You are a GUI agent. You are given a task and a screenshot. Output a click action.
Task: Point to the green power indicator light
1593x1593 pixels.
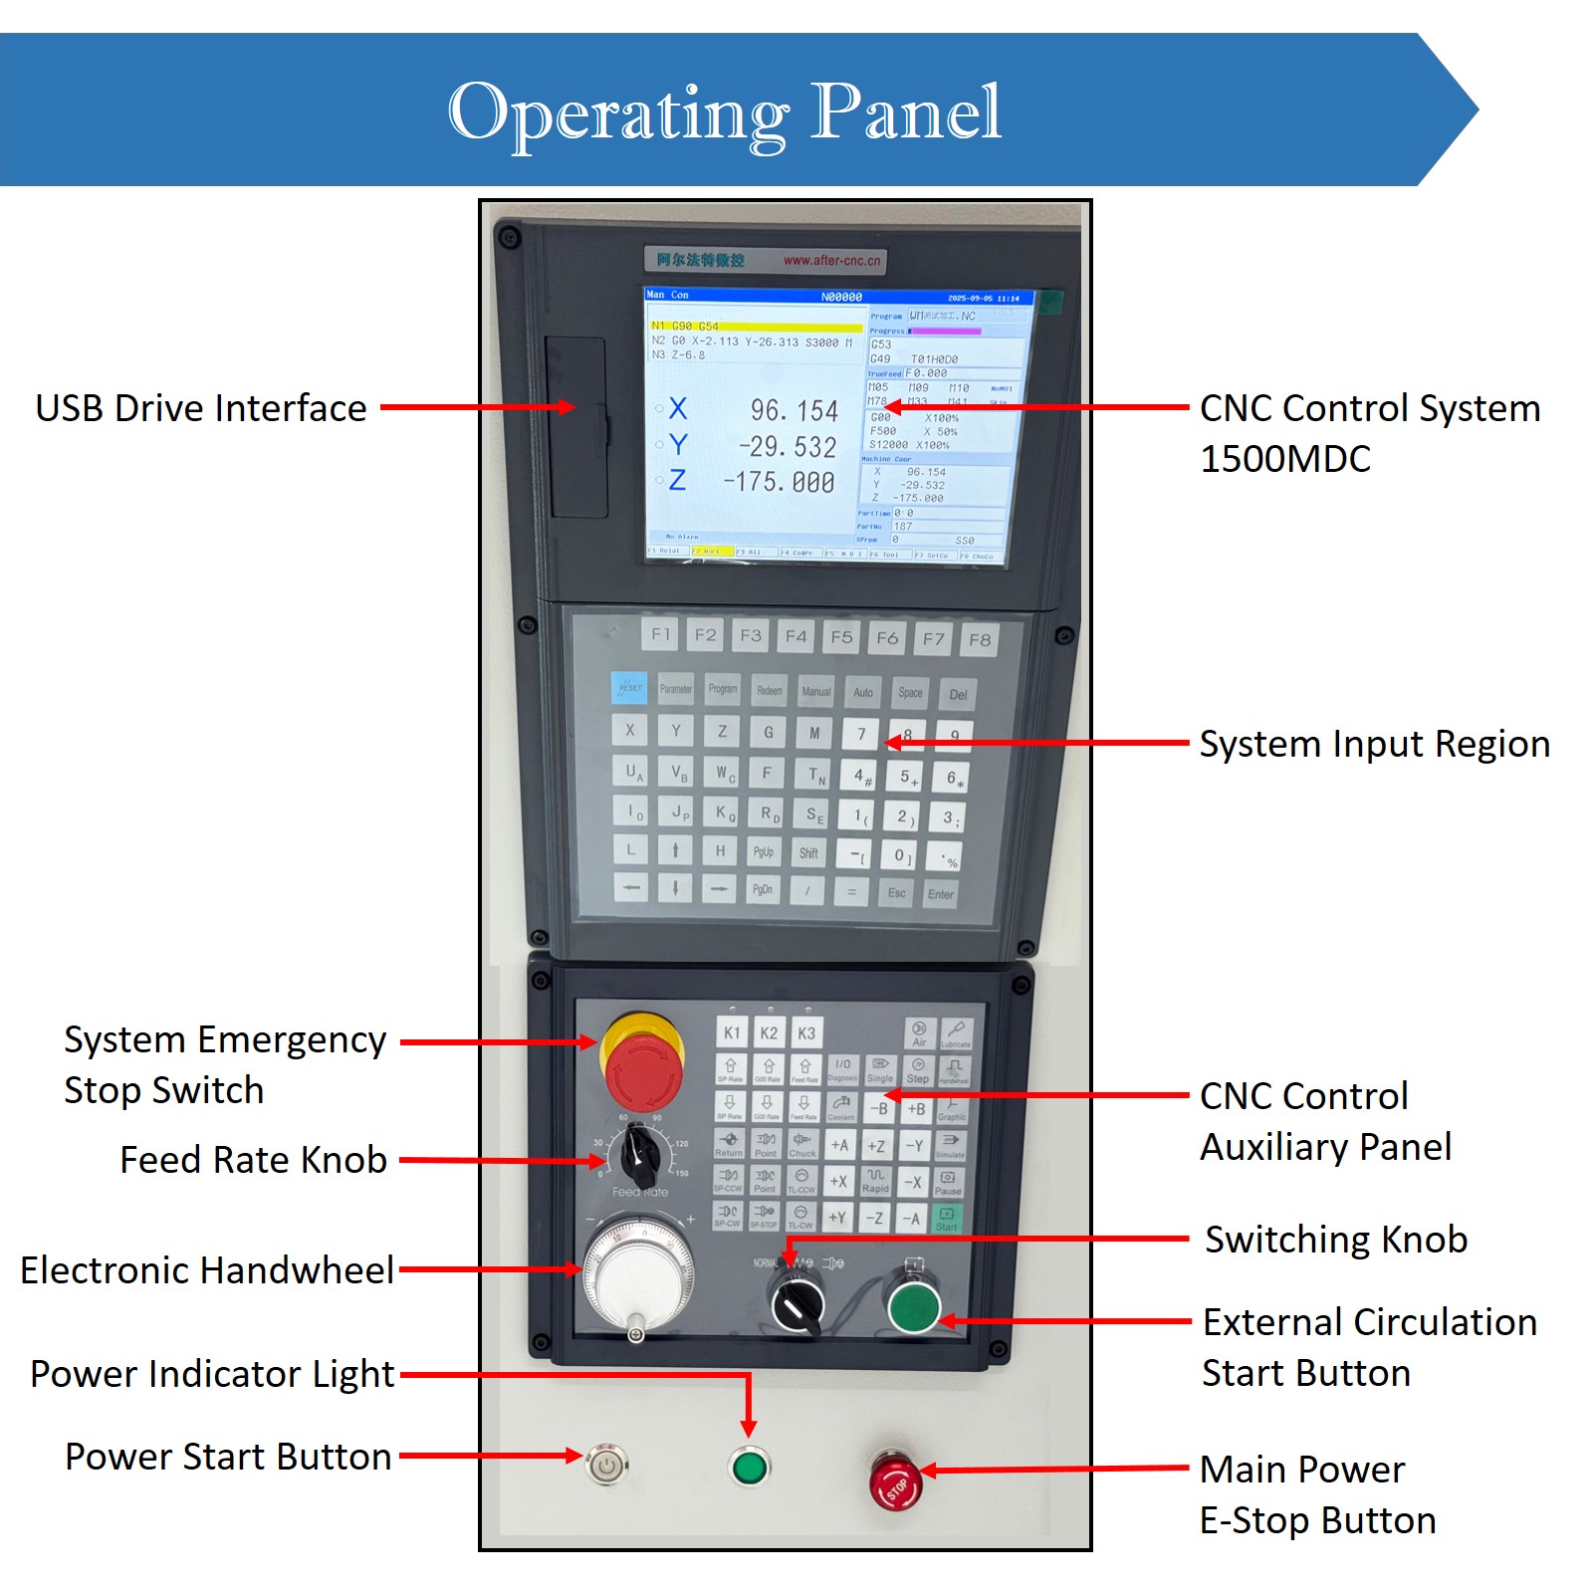749,1467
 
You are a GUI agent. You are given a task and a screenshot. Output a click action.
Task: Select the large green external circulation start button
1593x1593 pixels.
913,1306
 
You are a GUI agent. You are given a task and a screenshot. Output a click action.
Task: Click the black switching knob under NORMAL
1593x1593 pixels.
796,1302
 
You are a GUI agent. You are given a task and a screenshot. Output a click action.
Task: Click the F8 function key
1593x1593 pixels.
980,640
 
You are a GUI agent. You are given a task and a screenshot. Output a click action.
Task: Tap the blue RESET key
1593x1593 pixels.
629,687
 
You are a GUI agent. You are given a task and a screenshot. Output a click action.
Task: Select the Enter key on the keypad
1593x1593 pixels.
940,893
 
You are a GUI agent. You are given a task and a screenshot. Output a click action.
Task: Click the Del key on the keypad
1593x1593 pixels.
958,694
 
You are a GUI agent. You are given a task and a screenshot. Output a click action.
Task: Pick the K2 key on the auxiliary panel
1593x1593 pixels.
769,1032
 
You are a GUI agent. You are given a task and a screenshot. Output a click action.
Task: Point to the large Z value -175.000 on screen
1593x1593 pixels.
779,482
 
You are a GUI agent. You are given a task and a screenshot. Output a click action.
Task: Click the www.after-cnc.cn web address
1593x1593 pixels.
831,261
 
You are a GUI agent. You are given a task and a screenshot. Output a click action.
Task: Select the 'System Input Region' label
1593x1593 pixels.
1374,744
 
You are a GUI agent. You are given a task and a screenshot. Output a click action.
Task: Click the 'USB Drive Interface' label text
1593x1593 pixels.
201,408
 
